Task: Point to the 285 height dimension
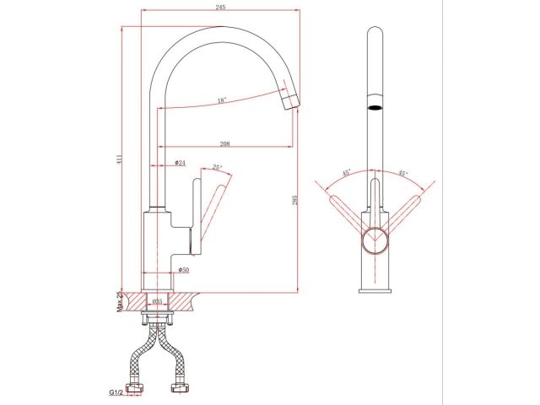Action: pyautogui.click(x=294, y=201)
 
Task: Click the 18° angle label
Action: pyautogui.click(x=221, y=100)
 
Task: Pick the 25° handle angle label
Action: pyautogui.click(x=218, y=168)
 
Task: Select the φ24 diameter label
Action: pyautogui.click(x=181, y=162)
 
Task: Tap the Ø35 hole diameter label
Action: pyautogui.click(x=157, y=300)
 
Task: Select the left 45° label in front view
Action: pyautogui.click(x=346, y=174)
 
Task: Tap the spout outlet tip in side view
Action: pyautogui.click(x=289, y=103)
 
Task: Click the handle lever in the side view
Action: pyautogui.click(x=213, y=207)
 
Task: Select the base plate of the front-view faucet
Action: pyautogui.click(x=375, y=291)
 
